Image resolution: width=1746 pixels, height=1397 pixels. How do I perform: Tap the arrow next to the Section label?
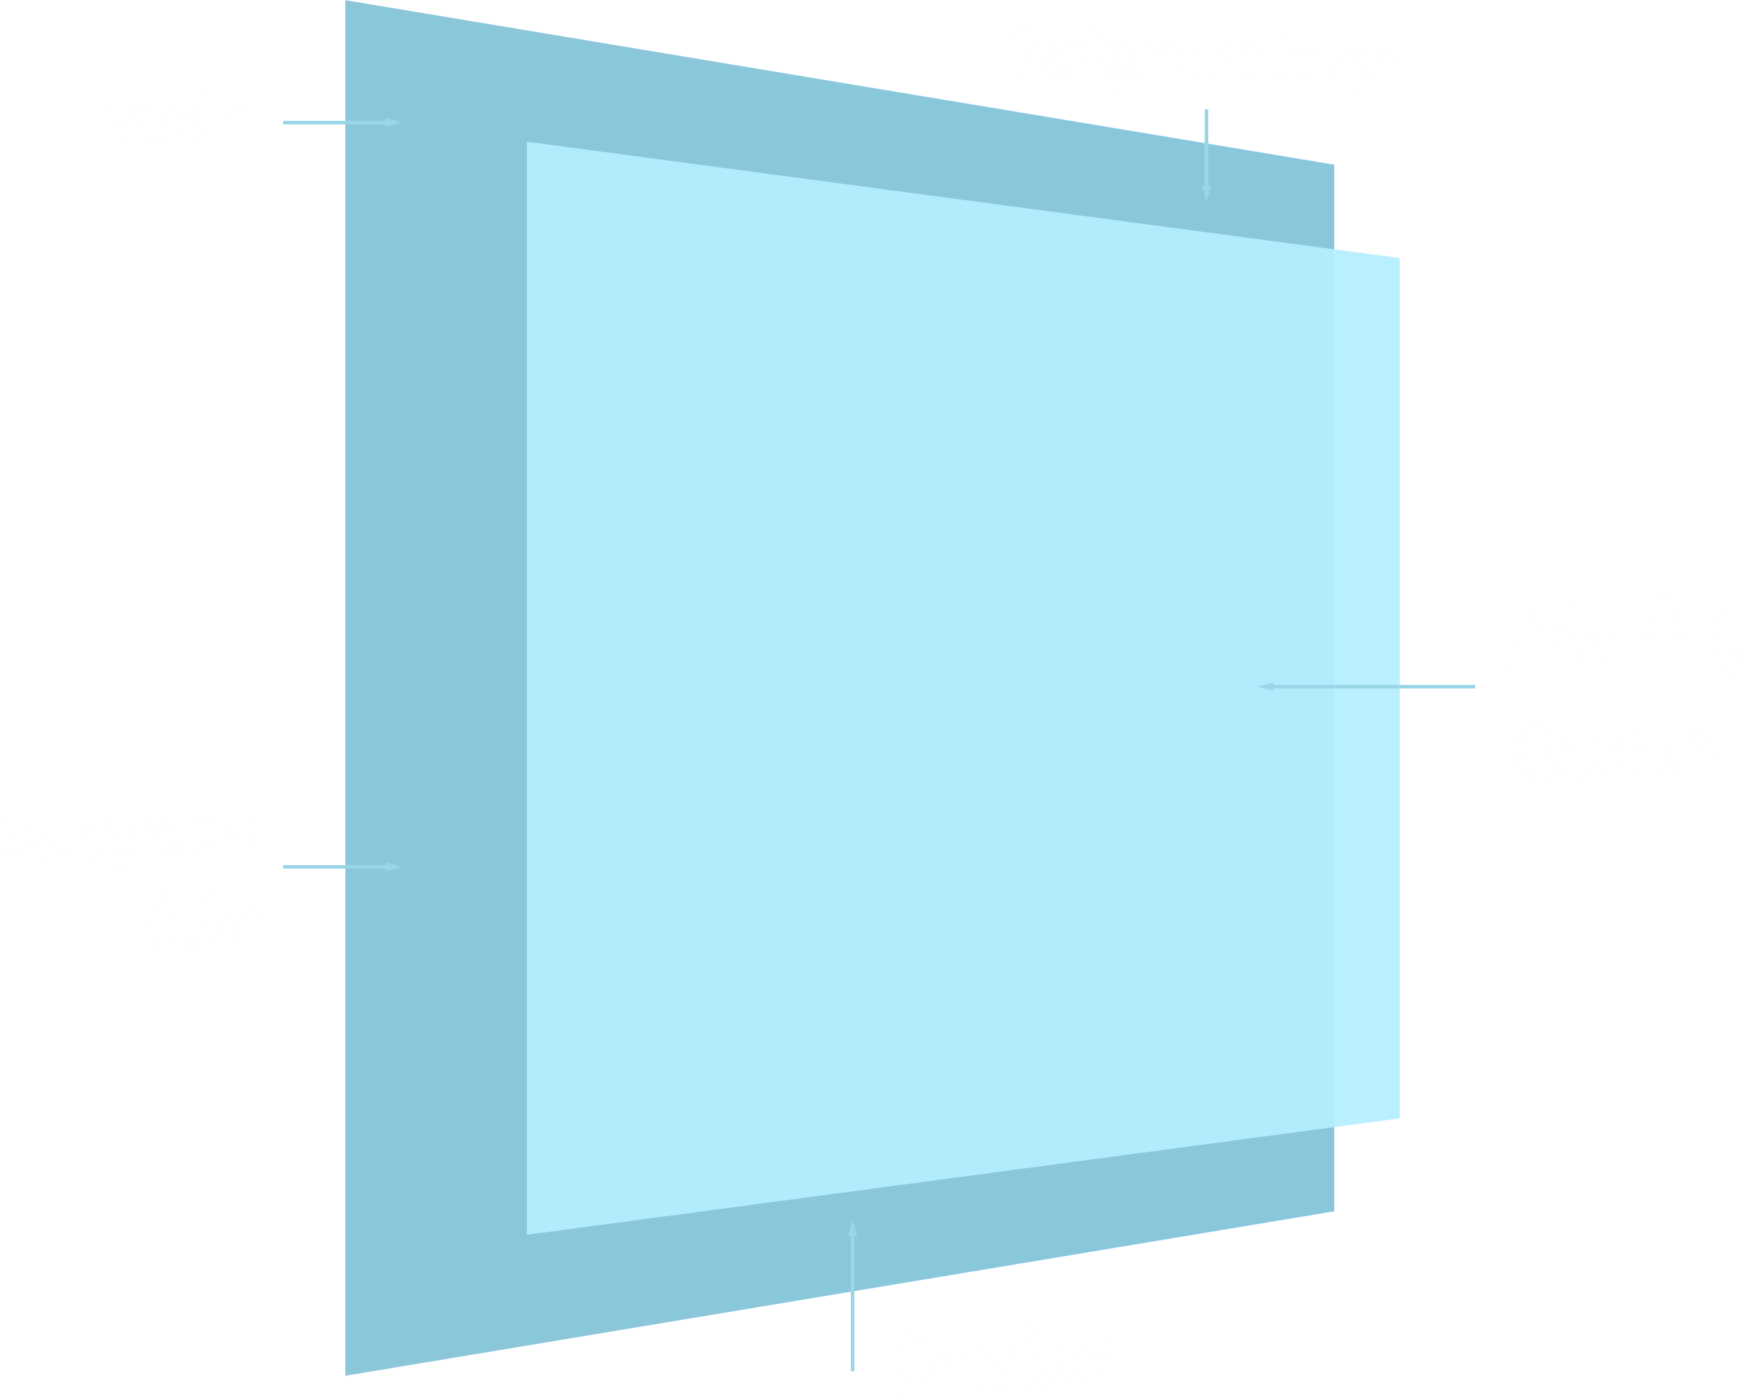(342, 122)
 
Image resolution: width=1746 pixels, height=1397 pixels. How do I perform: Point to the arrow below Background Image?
(1206, 154)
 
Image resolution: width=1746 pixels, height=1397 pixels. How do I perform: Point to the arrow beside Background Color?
(342, 867)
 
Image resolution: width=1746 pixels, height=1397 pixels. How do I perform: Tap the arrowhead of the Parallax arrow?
(852, 1228)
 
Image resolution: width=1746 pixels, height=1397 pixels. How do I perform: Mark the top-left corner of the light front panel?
(528, 143)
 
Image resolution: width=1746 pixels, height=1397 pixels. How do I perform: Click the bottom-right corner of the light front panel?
(1399, 1118)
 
